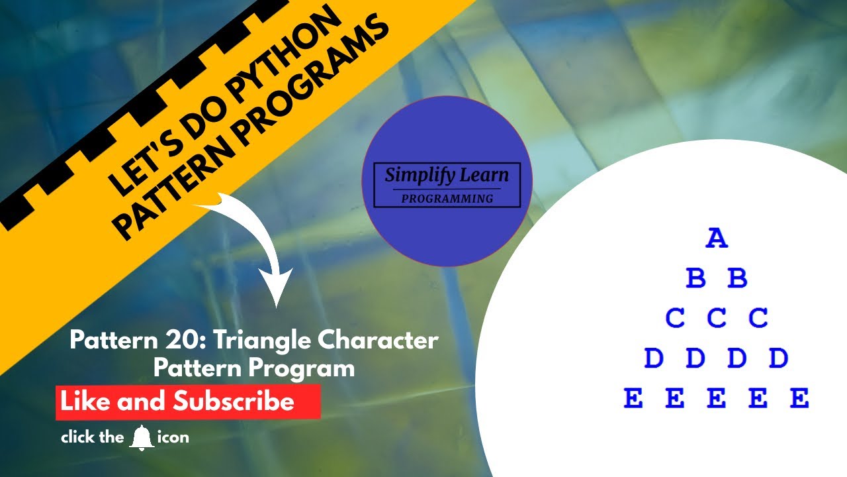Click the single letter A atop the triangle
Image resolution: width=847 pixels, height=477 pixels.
pos(717,238)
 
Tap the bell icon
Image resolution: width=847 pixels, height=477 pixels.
pos(142,438)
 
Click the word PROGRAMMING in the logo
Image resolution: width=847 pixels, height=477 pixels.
pos(447,198)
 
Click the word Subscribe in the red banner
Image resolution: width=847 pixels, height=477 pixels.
pos(234,401)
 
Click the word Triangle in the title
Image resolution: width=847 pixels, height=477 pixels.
pos(257,341)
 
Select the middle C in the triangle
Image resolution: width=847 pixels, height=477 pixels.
pos(717,318)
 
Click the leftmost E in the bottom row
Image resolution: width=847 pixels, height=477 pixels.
pos(633,399)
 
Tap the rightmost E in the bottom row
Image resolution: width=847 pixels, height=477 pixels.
pos(799,399)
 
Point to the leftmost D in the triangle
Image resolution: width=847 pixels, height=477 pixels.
pos(654,358)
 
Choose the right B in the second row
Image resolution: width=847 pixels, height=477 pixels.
pos(737,278)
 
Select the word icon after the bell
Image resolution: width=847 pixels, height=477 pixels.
pos(173,437)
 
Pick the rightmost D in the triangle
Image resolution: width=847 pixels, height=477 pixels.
pos(778,358)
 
